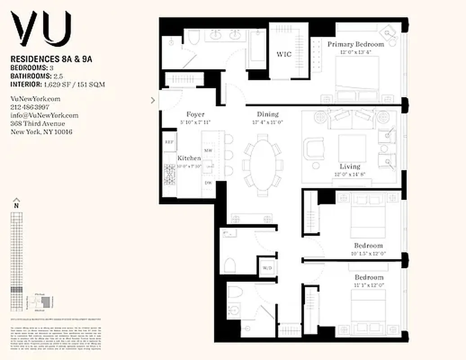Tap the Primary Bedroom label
(x=355, y=44)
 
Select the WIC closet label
(x=284, y=54)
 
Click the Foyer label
(x=195, y=115)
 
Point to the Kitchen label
(x=189, y=158)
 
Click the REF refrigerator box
(x=169, y=142)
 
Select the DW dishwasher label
(x=208, y=183)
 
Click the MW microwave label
(x=208, y=150)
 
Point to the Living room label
(x=349, y=166)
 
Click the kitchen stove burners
(x=170, y=175)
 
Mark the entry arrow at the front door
(x=153, y=100)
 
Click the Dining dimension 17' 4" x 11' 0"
(x=268, y=122)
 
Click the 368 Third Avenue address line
(x=38, y=124)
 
